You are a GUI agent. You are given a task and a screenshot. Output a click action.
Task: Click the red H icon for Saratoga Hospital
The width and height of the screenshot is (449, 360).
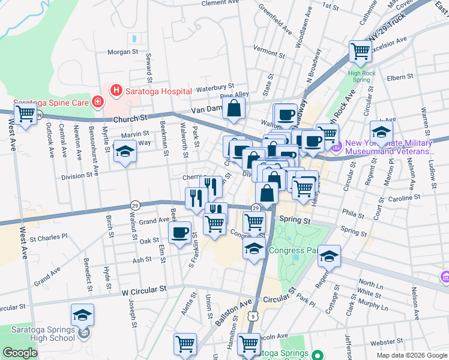click(115, 91)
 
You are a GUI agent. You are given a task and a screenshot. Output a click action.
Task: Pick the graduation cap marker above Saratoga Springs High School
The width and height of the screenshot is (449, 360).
click(82, 314)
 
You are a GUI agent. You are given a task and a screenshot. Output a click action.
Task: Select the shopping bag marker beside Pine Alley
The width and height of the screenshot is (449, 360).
click(234, 109)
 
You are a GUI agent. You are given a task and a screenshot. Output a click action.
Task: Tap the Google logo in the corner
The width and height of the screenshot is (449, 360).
click(20, 353)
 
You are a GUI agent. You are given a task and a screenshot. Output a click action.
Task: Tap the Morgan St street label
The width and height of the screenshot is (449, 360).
click(123, 52)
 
